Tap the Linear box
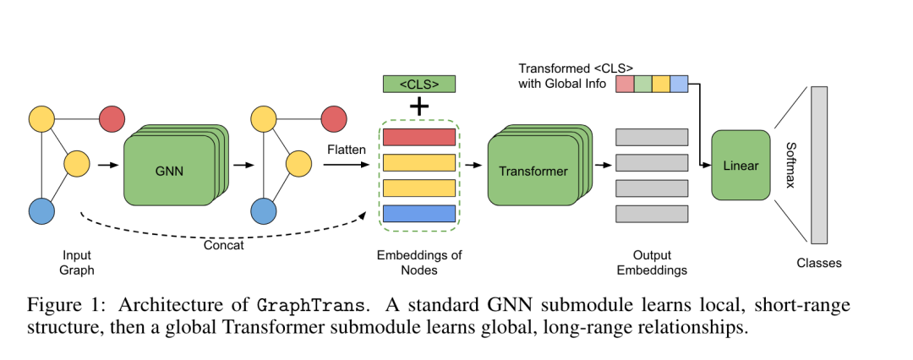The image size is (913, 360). pos(741,166)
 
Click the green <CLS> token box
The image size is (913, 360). pos(419,84)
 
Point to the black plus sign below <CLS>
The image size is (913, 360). pos(419,107)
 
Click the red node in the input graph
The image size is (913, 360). pos(112,119)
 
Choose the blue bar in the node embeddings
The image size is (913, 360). pos(419,213)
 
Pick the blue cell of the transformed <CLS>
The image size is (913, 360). pos(679,84)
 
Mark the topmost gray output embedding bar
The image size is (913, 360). pos(652,137)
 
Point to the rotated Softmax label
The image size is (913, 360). pos(790,166)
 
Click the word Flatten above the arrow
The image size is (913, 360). pos(347,150)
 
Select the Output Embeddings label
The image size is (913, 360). pos(652,262)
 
